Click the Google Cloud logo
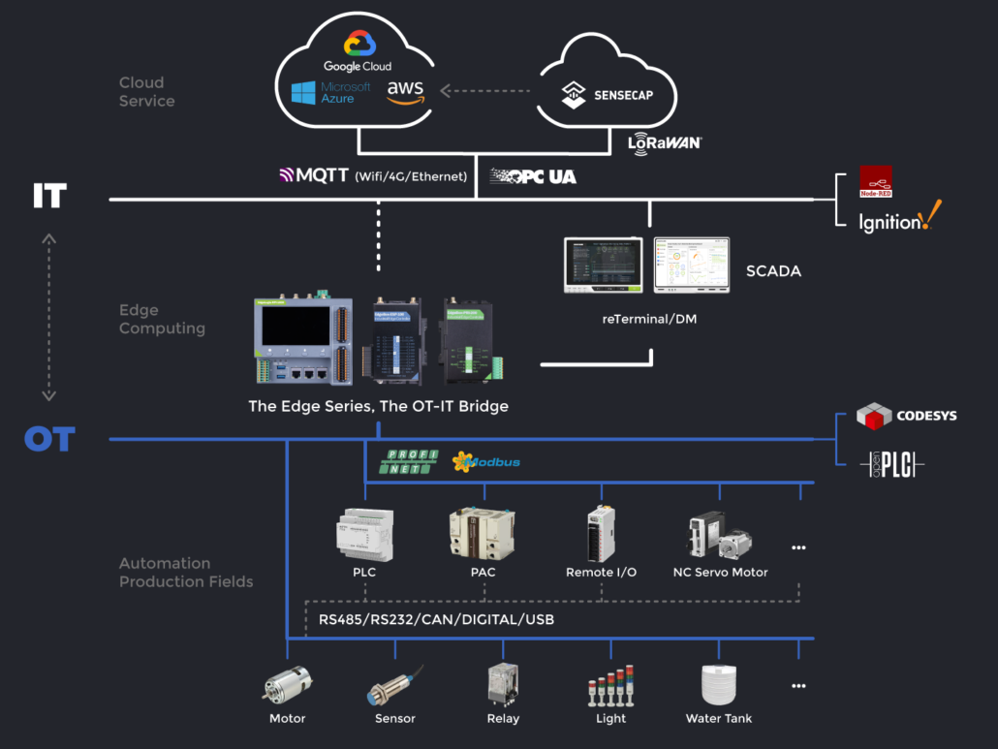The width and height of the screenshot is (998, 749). tap(358, 51)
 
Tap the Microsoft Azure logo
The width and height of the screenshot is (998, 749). tap(331, 93)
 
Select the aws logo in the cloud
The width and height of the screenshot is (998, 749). tap(405, 91)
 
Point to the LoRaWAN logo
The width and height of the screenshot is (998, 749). tap(664, 143)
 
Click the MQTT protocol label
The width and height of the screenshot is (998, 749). tap(314, 175)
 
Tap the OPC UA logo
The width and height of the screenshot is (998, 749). tap(533, 176)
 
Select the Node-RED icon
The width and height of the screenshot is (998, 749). tap(876, 181)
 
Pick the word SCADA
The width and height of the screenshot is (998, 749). tap(773, 271)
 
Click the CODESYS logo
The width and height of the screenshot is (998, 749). tap(906, 416)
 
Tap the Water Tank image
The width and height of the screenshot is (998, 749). tap(719, 684)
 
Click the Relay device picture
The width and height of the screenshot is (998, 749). tap(503, 684)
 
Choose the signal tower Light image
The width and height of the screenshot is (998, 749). tap(611, 686)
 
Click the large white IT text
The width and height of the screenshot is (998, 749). tap(49, 197)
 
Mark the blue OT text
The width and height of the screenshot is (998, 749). tap(49, 440)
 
